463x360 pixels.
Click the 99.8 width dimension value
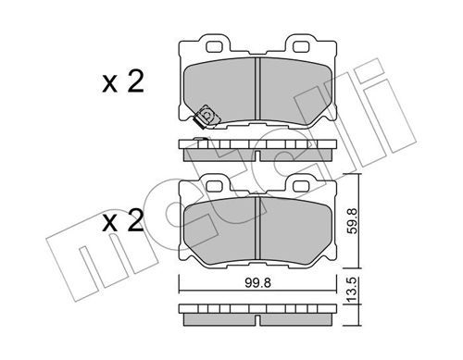[x=257, y=282]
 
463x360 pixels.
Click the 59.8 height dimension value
[x=352, y=221]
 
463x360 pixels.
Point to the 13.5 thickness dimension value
[x=352, y=290]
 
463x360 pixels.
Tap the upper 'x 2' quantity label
[x=123, y=81]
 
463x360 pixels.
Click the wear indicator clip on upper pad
[x=206, y=117]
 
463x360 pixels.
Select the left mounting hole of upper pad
[x=215, y=46]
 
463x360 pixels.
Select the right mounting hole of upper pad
[x=302, y=46]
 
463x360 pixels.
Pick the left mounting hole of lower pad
[x=215, y=186]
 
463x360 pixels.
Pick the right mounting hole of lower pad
[x=302, y=186]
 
